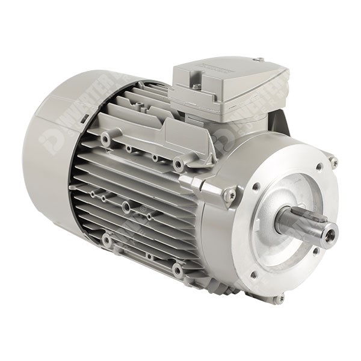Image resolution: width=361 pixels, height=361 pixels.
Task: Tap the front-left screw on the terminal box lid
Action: coord(196,87)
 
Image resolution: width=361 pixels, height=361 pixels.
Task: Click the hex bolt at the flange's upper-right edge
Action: coord(333,162)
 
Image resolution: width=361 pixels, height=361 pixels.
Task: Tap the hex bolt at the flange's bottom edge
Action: coord(279,298)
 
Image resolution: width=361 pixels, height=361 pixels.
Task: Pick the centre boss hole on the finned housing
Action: coord(126,208)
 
